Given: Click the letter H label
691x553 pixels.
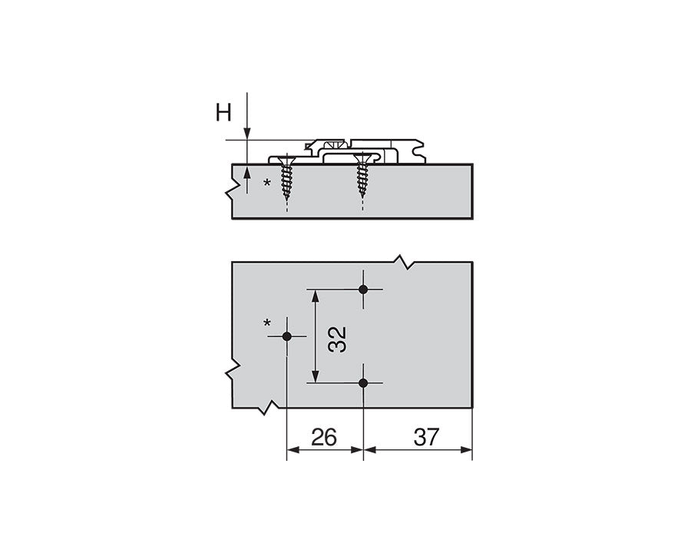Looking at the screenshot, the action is pyautogui.click(x=223, y=112).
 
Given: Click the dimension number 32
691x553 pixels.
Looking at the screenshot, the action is pyautogui.click(x=338, y=339).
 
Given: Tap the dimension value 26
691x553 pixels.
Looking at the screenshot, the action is pyautogui.click(x=324, y=437).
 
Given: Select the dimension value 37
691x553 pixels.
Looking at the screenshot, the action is pyautogui.click(x=426, y=437).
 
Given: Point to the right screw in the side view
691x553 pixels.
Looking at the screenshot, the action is pyautogui.click(x=362, y=175).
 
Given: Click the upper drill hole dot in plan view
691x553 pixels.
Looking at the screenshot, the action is pyautogui.click(x=363, y=290).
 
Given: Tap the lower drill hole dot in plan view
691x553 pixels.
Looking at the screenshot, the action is pyautogui.click(x=363, y=383).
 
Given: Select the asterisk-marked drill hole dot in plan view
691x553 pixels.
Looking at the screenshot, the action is pyautogui.click(x=287, y=336).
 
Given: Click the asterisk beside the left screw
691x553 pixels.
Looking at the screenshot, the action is pyautogui.click(x=267, y=183).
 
